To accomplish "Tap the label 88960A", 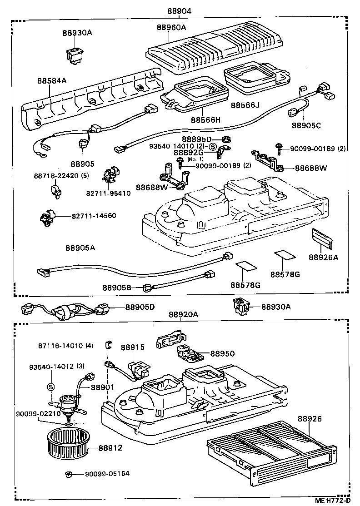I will tap(171, 28).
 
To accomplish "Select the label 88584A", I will tap(52, 81).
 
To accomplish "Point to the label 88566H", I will tap(205, 120).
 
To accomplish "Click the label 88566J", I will tap(245, 105).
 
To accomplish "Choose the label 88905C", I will tap(306, 125).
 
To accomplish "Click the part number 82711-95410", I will tap(108, 193).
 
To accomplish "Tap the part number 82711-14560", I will tap(94, 215).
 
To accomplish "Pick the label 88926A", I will tap(324, 257).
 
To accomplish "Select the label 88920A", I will tap(184, 315).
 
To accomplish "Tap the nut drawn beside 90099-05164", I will tap(69, 474).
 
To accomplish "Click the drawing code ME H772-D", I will tap(333, 501).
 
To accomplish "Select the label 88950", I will tap(221, 353).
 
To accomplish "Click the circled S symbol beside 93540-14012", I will tap(51, 387).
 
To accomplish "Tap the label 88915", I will tap(132, 347).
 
